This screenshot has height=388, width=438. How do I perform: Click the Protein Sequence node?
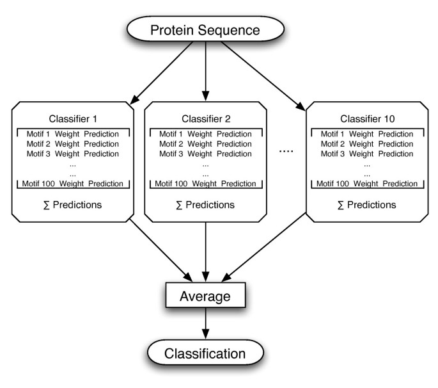pos(205,29)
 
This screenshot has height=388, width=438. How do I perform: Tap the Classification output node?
pos(205,353)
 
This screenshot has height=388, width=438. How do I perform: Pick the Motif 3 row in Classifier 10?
pos(364,154)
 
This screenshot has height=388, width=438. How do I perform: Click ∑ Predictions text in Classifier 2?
pos(205,205)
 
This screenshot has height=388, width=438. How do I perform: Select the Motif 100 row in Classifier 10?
pos(364,184)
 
